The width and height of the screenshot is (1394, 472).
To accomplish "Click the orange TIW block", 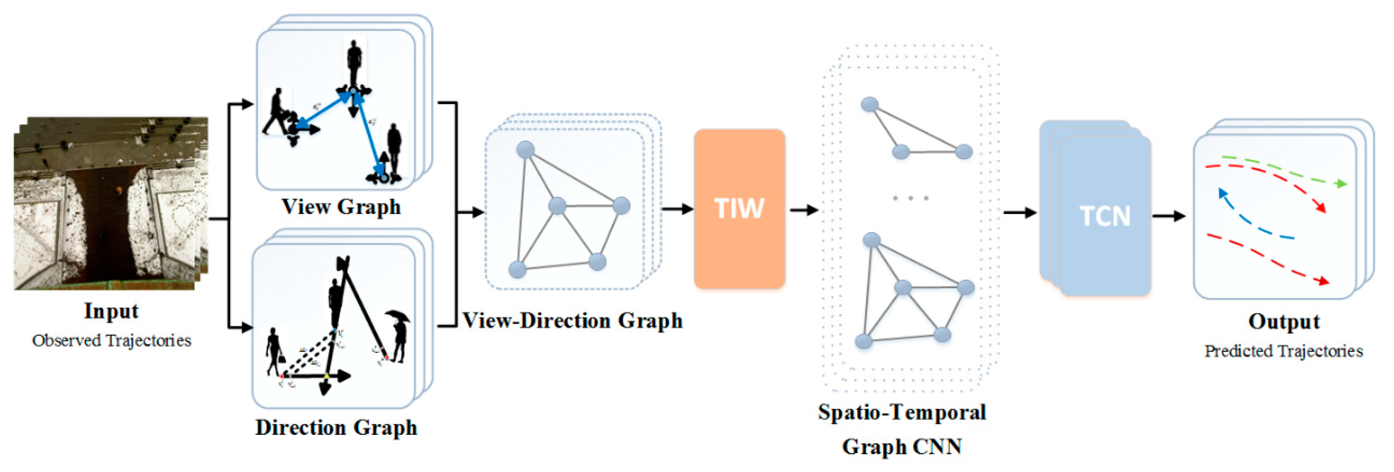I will [x=739, y=209].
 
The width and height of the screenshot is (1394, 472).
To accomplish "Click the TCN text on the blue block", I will [x=1105, y=216].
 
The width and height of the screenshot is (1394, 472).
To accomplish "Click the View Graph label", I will [x=341, y=207].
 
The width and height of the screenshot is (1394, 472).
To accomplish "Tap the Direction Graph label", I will [x=336, y=427].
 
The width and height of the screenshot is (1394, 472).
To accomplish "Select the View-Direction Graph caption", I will [x=572, y=320].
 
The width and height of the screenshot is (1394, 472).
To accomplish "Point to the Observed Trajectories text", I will [x=112, y=340].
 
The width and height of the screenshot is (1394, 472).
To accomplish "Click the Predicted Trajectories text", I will [x=1283, y=351].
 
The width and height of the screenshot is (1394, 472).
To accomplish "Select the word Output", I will [x=1284, y=321].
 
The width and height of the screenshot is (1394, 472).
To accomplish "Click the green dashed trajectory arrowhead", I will [x=1341, y=184].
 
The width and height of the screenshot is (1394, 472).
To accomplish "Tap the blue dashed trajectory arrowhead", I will [x=1222, y=193].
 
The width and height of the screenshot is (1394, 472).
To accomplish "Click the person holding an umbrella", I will [x=399, y=336].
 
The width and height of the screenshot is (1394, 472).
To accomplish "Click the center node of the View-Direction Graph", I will [x=557, y=206].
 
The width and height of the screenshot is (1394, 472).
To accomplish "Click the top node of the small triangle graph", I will [x=869, y=104].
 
